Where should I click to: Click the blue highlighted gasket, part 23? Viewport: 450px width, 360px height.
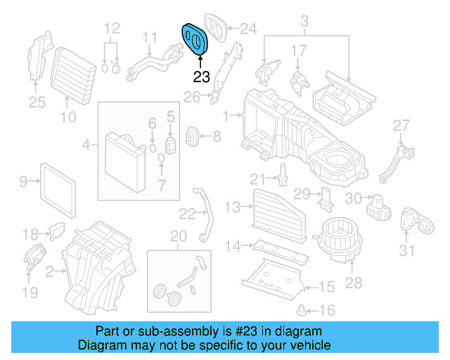[x=195, y=38]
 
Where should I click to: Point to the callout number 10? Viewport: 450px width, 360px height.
[x=67, y=117]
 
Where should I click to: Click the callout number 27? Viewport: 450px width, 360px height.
[x=400, y=126]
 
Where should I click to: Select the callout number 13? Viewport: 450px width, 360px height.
[x=233, y=207]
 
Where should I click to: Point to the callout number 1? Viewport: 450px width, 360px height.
[x=226, y=115]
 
